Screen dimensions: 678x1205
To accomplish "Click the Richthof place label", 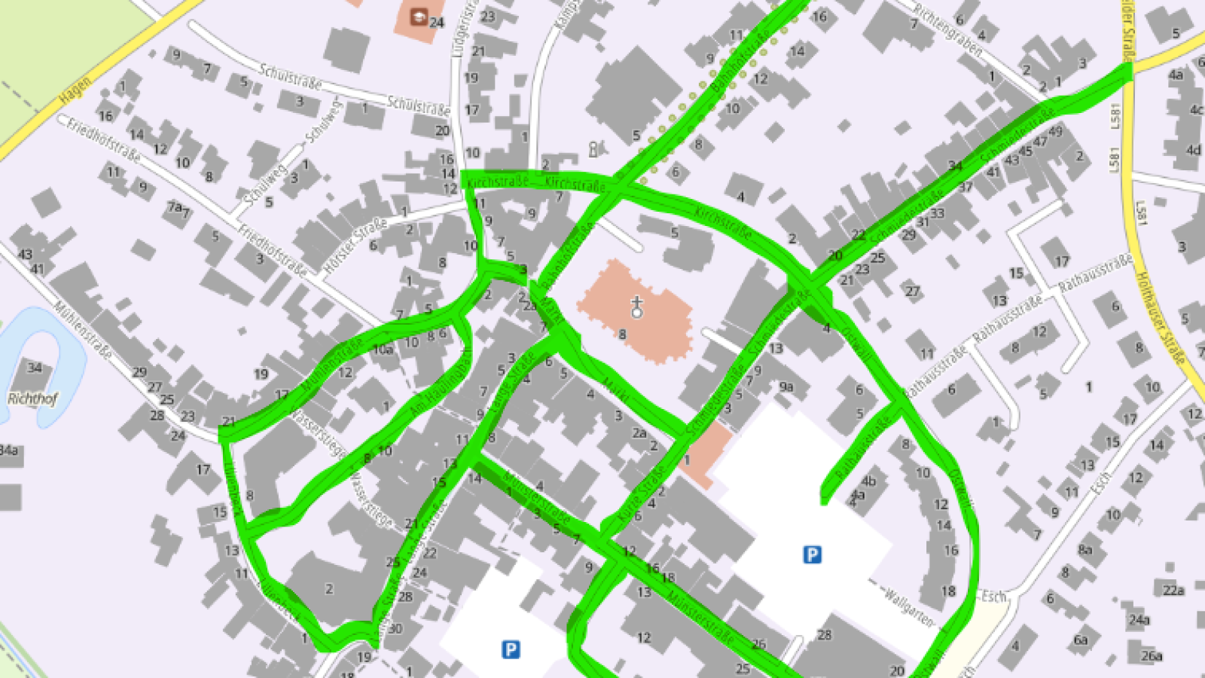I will tap(32, 399).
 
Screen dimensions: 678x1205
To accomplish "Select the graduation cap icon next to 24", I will tap(418, 17).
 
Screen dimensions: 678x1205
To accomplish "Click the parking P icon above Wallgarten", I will tap(812, 555).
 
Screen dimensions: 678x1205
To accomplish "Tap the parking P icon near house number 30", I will tap(511, 649).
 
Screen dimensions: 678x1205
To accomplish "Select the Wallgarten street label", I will tap(908, 606).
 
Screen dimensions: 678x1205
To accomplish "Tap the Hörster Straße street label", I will tap(355, 246).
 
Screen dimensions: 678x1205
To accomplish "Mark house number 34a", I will tap(9, 450).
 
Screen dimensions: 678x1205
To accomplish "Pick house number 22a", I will tap(1173, 590).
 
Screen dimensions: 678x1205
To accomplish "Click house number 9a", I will tap(786, 386).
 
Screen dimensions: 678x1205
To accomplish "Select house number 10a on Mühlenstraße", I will tap(383, 349).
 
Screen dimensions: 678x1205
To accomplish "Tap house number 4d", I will tap(1194, 150).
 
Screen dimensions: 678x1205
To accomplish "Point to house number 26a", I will tap(1151, 656).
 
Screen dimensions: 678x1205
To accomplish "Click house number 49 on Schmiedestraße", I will tap(1055, 132).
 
